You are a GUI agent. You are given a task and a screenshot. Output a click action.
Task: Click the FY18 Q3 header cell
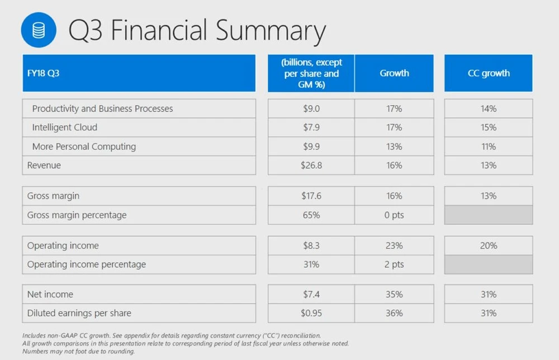click(139, 73)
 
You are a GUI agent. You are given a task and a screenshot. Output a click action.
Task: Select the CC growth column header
click(489, 73)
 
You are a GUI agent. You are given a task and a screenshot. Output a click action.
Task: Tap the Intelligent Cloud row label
click(64, 127)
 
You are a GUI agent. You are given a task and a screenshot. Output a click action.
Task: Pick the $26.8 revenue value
click(311, 165)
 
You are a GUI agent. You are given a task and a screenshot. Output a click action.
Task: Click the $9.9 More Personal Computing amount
click(311, 146)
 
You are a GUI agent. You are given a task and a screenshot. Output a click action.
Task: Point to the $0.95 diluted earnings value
click(311, 313)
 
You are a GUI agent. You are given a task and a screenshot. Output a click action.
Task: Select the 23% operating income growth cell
click(394, 245)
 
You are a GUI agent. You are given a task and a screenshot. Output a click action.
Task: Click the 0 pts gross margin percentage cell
click(394, 215)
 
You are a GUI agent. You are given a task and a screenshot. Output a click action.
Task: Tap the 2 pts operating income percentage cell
click(394, 264)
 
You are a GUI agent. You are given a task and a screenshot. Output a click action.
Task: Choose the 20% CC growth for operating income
click(489, 245)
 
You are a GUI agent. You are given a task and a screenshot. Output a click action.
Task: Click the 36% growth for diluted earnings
click(394, 313)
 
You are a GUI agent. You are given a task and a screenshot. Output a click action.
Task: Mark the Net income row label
click(50, 294)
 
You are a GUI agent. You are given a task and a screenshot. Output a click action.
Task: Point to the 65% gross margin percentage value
click(311, 215)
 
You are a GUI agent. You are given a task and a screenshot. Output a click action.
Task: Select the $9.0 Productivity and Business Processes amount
click(311, 108)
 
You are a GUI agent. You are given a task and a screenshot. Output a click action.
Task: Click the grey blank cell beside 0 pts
click(489, 215)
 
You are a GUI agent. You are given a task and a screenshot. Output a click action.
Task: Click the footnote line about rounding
click(79, 352)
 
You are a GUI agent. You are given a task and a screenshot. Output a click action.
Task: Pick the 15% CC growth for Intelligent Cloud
click(489, 127)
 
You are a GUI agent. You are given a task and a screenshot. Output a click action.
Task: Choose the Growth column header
click(394, 73)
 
